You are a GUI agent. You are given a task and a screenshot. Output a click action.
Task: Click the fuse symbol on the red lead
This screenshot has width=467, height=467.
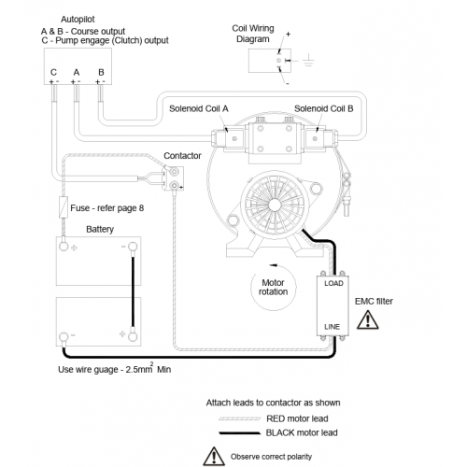click(x=64, y=207)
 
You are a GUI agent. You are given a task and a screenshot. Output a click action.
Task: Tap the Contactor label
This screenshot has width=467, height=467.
click(x=182, y=156)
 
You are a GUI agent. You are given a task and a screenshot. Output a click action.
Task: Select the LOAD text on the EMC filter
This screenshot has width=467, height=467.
click(x=333, y=283)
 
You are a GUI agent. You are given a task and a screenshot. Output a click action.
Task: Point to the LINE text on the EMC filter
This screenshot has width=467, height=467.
click(x=332, y=327)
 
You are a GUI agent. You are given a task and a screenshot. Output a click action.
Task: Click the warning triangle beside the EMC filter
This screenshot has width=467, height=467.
click(x=368, y=320)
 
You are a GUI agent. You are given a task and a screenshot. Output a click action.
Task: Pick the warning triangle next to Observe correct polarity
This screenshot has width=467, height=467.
click(x=214, y=457)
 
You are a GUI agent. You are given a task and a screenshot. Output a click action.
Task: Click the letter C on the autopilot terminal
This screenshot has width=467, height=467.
click(x=53, y=73)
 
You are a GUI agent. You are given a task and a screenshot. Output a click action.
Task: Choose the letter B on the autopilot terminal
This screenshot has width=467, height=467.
click(x=101, y=73)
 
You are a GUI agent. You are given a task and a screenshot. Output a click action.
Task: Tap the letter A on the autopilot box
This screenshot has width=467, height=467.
click(x=77, y=73)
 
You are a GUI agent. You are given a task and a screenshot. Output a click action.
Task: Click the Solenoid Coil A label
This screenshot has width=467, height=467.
click(x=199, y=108)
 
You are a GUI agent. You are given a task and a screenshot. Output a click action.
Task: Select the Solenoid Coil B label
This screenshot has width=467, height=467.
click(x=324, y=108)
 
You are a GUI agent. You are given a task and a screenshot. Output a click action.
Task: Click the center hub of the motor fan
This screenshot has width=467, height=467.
click(x=275, y=205)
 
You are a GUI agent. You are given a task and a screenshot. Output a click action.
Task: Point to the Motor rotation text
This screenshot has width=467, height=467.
click(x=273, y=287)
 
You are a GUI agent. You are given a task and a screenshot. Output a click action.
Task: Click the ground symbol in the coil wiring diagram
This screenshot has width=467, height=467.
click(x=308, y=61)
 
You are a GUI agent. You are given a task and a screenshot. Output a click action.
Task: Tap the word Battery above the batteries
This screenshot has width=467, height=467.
click(x=100, y=229)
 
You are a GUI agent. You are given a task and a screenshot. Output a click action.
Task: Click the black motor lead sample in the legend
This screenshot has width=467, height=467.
click(x=240, y=432)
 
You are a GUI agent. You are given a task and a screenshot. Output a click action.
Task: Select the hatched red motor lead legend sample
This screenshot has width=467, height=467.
click(x=240, y=418)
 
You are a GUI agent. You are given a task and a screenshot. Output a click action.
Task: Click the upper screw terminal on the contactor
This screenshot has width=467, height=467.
click(x=174, y=172)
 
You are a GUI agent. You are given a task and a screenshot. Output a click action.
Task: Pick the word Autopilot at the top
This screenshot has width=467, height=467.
click(x=78, y=20)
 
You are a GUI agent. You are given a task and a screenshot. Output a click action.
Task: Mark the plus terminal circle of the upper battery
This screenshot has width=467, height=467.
click(x=64, y=247)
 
